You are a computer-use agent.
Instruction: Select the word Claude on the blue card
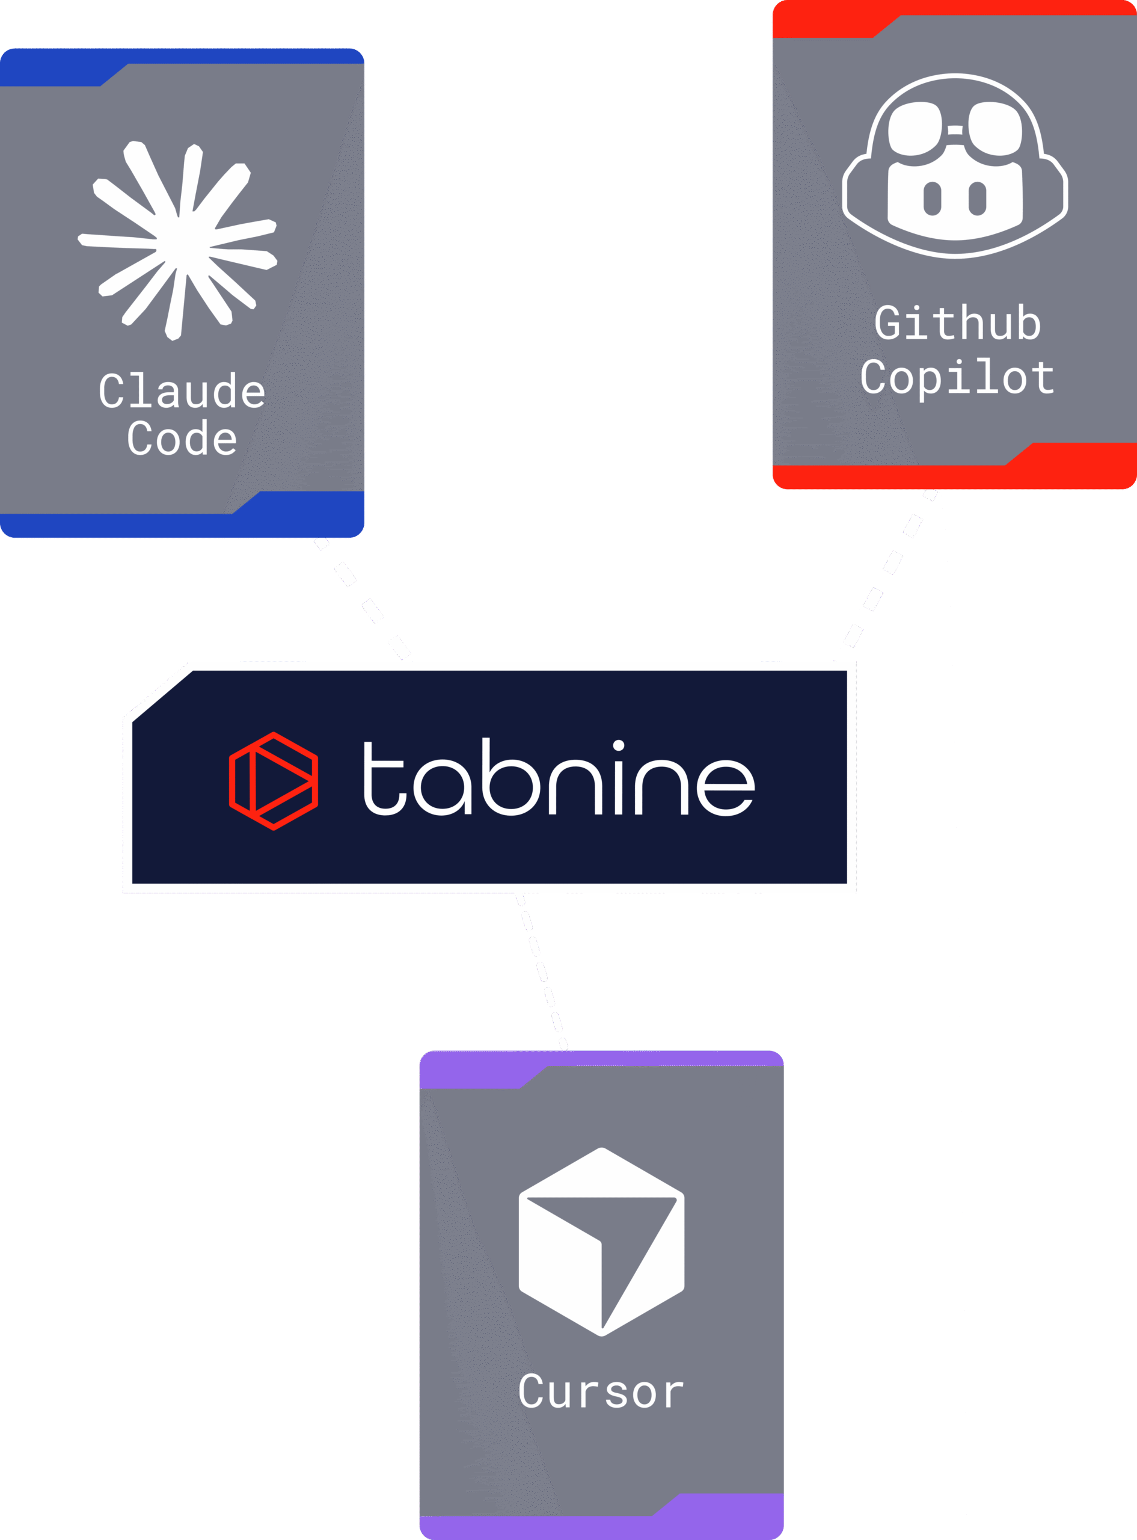(x=182, y=392)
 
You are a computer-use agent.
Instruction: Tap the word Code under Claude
(x=182, y=439)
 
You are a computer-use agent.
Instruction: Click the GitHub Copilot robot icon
(x=955, y=166)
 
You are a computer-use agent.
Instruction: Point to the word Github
(x=957, y=323)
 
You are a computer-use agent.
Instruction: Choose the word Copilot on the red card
(x=957, y=377)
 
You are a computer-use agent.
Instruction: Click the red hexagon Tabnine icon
(x=273, y=781)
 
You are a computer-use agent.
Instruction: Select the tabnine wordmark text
(x=558, y=778)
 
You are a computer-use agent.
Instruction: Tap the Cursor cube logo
(x=601, y=1241)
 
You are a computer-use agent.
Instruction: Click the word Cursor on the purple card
(x=601, y=1392)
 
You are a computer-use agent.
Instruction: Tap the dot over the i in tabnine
(x=618, y=745)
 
